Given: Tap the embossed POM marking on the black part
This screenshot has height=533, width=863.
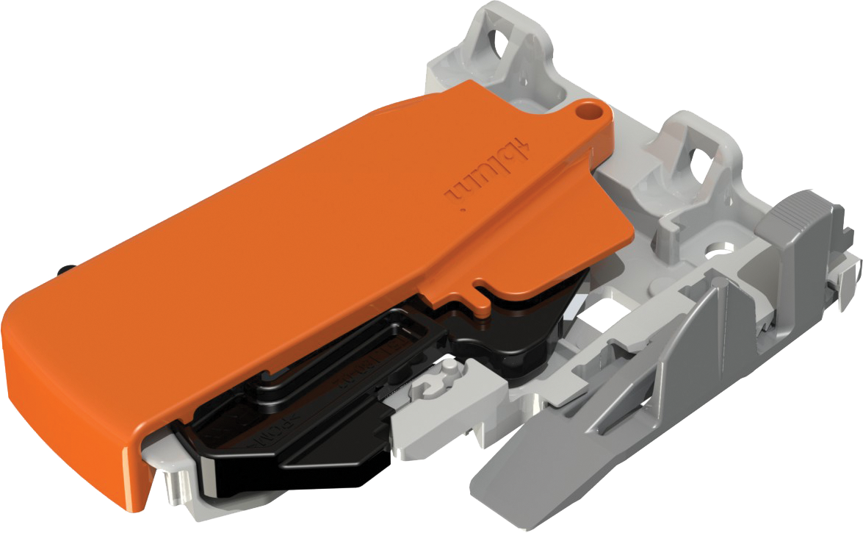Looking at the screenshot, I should pos(254,434).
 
